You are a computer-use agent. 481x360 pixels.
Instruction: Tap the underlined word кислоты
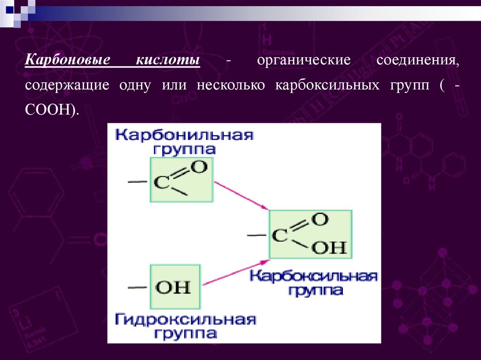(x=168, y=61)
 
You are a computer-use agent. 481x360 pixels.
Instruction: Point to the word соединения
(x=417, y=61)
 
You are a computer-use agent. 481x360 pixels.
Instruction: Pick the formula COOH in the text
(x=49, y=111)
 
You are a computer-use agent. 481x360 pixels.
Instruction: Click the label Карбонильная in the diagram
(x=184, y=136)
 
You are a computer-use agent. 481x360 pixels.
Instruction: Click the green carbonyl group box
(x=181, y=179)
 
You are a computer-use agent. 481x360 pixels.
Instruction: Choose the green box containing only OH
(x=175, y=286)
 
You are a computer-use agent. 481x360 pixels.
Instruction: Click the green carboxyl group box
(x=310, y=233)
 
